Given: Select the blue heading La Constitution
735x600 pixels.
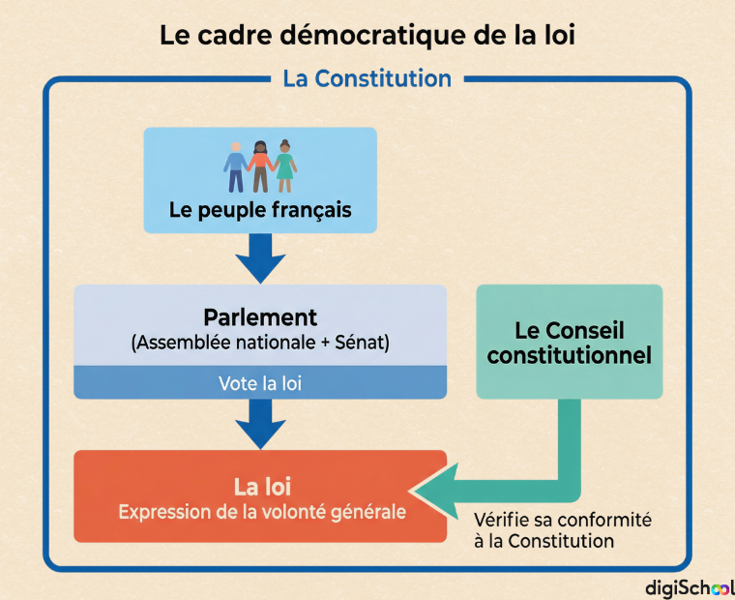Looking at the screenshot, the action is coord(367,78).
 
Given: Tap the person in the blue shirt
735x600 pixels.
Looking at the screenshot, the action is coord(236,167).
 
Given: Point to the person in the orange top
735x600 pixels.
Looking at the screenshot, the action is coord(260,166).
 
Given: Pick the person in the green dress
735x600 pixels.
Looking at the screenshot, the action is coord(285,166).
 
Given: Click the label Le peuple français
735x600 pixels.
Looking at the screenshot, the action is coord(260,210).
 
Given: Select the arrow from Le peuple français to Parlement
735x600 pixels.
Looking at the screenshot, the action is coord(260,258).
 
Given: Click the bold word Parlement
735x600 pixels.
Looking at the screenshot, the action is coord(260,317).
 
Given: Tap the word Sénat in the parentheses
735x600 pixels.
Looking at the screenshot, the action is coord(359,343).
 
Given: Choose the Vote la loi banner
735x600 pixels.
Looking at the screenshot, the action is coord(260,383).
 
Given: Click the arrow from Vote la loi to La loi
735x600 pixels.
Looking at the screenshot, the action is coord(260,424).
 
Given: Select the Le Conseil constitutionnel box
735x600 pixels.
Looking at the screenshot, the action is coord(570,342).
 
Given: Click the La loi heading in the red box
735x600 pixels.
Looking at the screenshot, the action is coord(262,487).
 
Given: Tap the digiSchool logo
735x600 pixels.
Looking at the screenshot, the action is coord(690,587).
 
